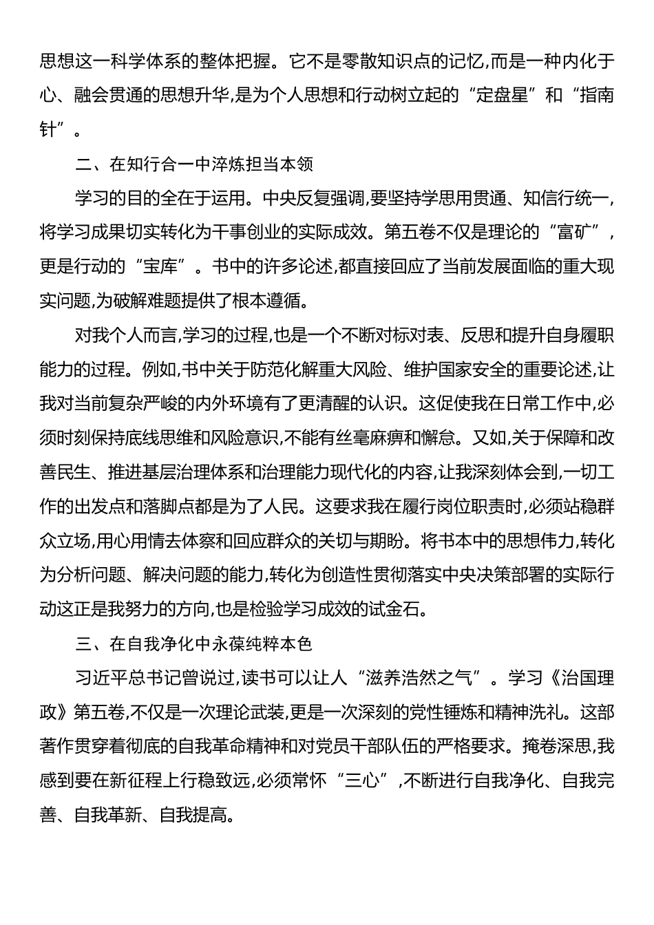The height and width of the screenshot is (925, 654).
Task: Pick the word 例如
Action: click(x=160, y=370)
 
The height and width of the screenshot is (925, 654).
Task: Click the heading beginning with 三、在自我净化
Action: click(x=196, y=644)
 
